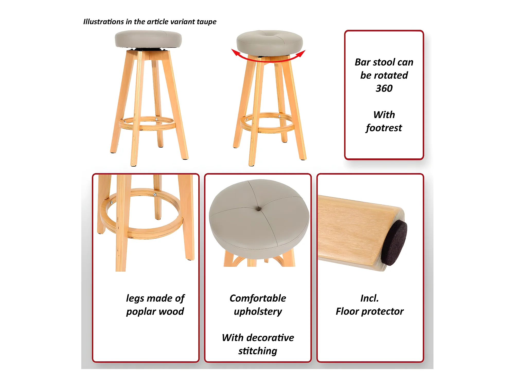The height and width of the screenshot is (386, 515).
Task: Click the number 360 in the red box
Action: coord(384,88)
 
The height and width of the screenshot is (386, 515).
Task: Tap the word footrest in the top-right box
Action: coord(384,128)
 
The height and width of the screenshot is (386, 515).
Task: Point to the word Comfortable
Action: coord(258,298)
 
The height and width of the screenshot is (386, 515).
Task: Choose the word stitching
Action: coord(258,351)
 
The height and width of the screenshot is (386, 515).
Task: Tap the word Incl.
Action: coord(370,298)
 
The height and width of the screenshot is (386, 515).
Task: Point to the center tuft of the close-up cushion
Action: coord(259,209)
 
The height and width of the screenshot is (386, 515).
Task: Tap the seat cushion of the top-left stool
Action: coord(148,39)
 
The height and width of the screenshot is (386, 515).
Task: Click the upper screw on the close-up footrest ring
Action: coord(155,194)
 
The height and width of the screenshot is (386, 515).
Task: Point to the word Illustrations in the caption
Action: coord(104,22)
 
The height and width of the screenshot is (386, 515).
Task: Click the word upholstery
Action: coord(258,312)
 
